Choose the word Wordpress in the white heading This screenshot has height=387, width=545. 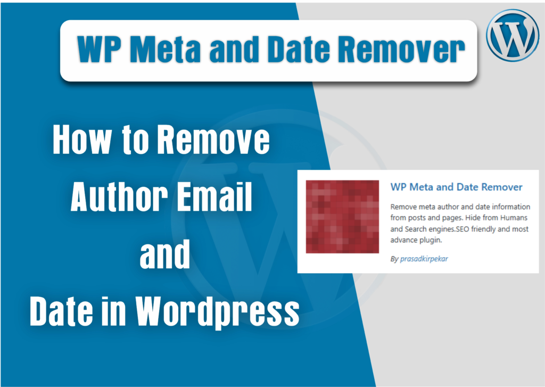click(x=217, y=311)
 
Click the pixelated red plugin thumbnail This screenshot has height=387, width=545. click(x=342, y=217)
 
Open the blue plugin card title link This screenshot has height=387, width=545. click(x=456, y=187)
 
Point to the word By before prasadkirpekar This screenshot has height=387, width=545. click(x=394, y=259)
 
